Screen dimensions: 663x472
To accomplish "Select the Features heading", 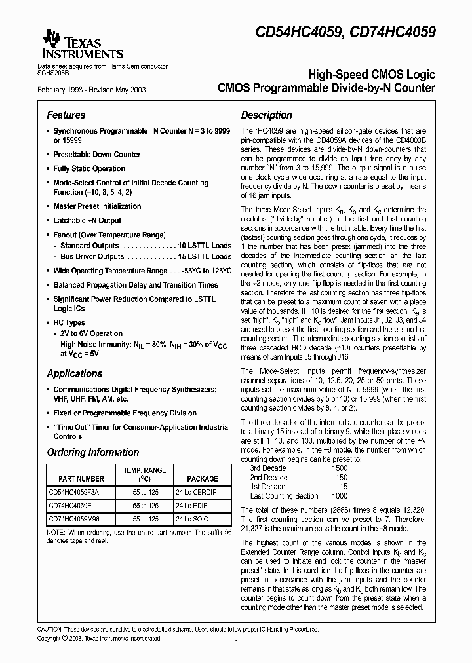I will [66, 115].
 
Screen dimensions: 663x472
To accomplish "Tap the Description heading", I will [266, 115].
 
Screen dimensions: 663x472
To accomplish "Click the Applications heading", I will [74, 374].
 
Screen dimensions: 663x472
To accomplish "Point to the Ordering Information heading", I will [92, 453].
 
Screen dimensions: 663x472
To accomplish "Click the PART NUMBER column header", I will [81, 479].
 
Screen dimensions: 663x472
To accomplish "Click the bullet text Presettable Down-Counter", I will [96, 155].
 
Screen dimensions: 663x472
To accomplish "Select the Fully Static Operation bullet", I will [88, 168].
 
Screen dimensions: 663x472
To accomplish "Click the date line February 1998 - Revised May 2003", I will [91, 89].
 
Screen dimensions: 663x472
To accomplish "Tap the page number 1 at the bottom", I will [235, 643].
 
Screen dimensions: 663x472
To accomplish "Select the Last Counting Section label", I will [285, 496].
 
